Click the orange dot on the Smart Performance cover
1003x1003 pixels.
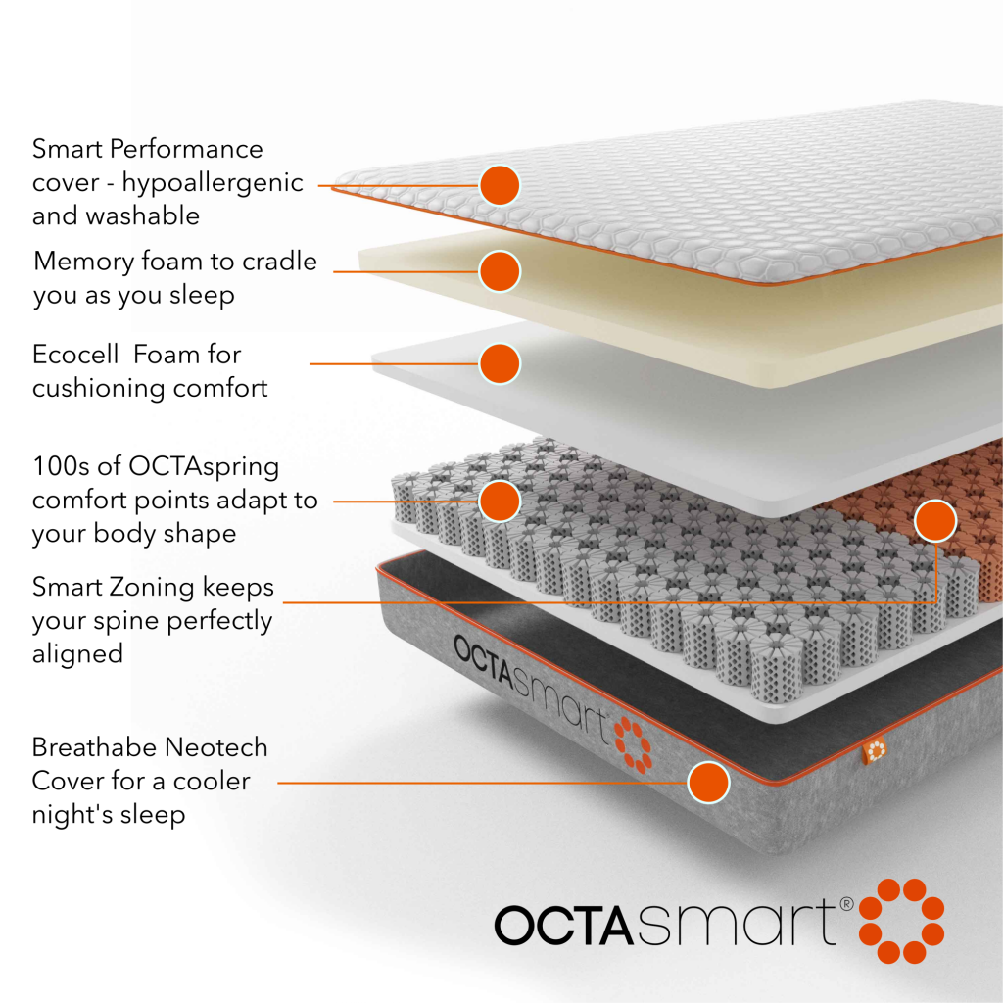click(500, 184)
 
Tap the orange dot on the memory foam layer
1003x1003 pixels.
click(500, 271)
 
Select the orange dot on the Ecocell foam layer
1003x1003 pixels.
click(500, 363)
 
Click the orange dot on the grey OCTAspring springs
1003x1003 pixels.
click(500, 501)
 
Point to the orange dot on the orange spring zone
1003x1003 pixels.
click(935, 521)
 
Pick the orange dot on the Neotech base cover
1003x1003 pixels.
click(708, 783)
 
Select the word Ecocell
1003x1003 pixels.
click(74, 354)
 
